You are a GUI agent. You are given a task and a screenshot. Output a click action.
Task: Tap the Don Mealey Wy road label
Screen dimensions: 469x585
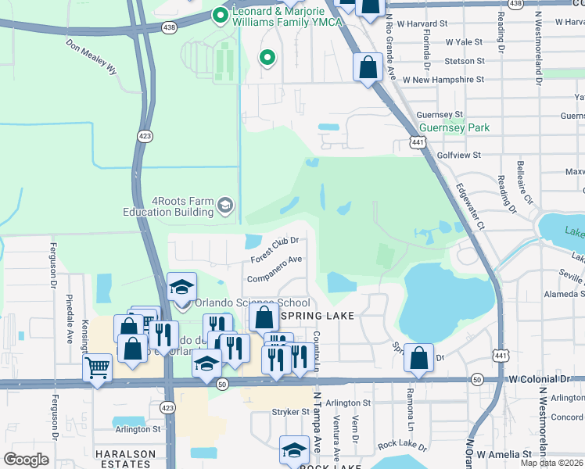(x=92, y=56)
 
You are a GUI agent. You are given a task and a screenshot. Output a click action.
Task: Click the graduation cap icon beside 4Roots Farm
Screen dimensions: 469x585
(x=224, y=205)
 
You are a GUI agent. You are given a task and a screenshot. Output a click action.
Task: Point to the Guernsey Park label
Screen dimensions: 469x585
(x=454, y=127)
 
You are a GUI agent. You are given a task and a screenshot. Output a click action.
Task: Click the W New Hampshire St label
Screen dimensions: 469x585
(x=443, y=80)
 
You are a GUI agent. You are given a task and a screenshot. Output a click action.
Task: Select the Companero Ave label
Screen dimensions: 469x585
(x=274, y=268)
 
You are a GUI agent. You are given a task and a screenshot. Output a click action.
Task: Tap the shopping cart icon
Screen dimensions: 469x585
(x=97, y=367)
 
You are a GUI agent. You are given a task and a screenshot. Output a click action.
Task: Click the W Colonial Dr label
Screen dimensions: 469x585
(x=540, y=378)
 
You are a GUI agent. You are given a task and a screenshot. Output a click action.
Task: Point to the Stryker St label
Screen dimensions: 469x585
(x=291, y=411)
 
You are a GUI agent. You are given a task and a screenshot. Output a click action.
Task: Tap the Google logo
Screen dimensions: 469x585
(x=26, y=460)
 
